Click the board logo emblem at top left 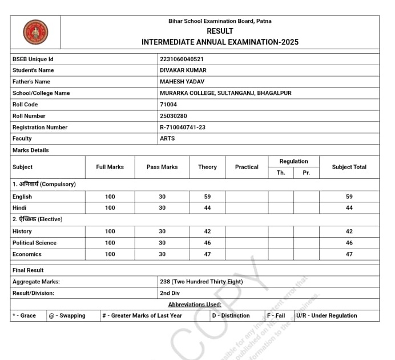pos(35,32)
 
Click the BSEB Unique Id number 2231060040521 pos(182,59)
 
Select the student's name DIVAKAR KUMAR pos(183,70)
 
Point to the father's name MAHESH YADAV pos(182,82)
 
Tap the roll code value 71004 pos(168,105)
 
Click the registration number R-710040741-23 pos(183,127)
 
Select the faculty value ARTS pos(167,138)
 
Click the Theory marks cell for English pos(207,197)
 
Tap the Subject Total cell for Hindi pos(349,208)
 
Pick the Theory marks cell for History pos(207,231)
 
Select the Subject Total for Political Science pos(349,243)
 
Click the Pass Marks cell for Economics pos(162,254)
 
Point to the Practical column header pos(247,167)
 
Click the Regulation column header pos(293,161)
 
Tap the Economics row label pos(27,254)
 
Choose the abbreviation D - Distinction pos(231,315)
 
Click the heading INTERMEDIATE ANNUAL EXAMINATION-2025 pos(220,42)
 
